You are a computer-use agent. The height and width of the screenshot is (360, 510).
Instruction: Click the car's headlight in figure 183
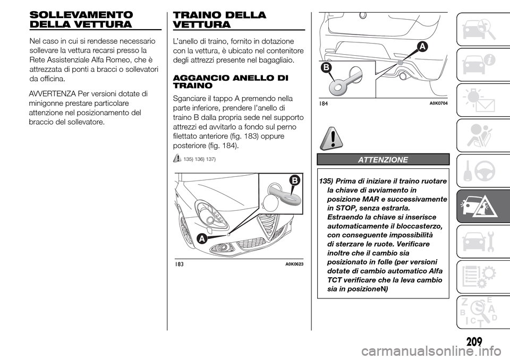point(210,212)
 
